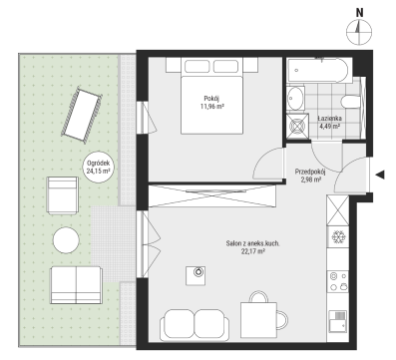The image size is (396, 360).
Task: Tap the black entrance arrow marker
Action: (x=380, y=175)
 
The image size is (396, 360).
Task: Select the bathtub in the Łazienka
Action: (x=317, y=71)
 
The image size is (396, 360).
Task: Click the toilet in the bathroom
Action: (x=350, y=102)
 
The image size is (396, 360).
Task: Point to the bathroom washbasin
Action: (x=295, y=98)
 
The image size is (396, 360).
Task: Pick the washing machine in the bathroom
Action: (x=297, y=126)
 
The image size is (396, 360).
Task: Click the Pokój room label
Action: (x=211, y=99)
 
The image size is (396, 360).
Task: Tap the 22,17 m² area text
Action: (x=253, y=251)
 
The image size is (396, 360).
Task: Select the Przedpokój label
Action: (x=310, y=172)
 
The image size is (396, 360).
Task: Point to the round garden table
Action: (x=66, y=240)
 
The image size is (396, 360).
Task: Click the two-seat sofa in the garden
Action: (x=76, y=285)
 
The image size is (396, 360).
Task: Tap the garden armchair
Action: (x=63, y=195)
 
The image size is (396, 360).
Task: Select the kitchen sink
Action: (x=338, y=321)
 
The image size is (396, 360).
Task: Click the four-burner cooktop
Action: (x=338, y=281)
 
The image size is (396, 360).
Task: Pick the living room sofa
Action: (x=195, y=325)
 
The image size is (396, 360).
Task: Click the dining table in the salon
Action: (x=258, y=320)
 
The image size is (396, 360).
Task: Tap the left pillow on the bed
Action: (x=198, y=66)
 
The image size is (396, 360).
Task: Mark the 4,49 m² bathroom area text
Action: (x=329, y=126)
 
